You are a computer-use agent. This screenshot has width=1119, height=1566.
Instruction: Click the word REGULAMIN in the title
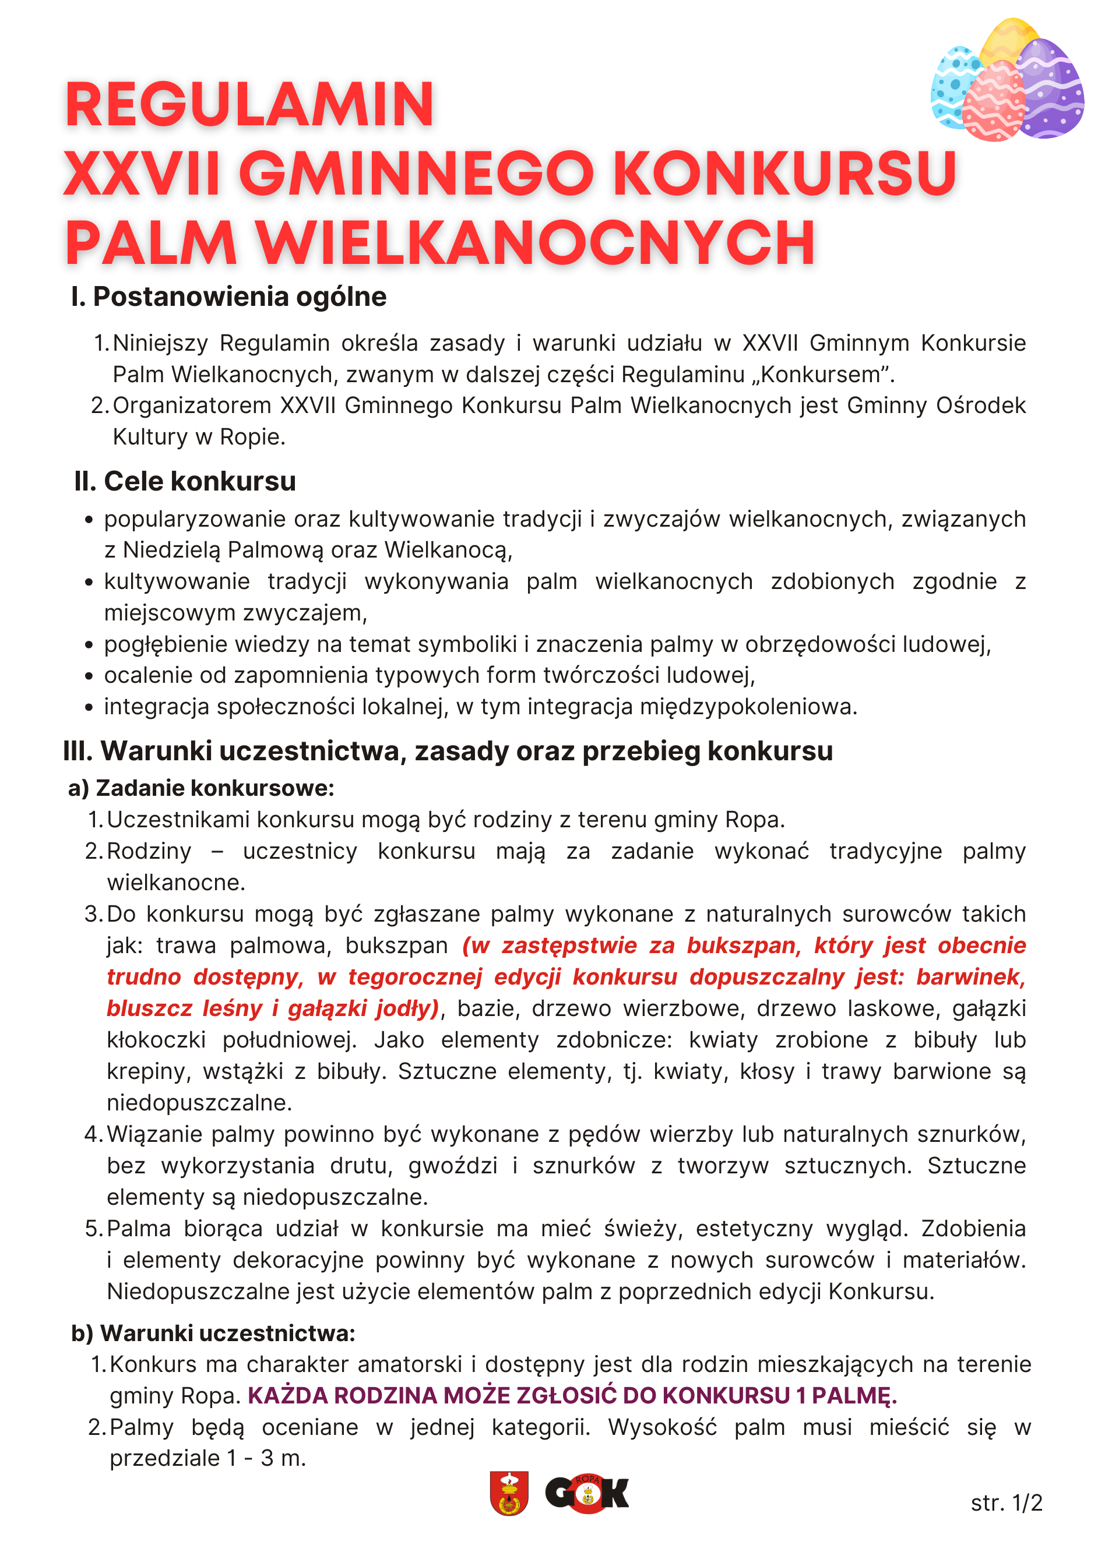point(249,105)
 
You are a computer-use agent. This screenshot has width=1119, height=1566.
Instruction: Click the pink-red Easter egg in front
point(994,103)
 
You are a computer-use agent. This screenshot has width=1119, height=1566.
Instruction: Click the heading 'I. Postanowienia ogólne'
point(229,297)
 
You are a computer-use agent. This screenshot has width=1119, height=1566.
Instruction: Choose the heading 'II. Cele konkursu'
point(185,481)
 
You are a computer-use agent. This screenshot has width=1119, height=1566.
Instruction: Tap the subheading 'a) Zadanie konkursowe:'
point(201,788)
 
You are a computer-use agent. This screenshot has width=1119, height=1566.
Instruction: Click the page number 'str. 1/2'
point(1006,1502)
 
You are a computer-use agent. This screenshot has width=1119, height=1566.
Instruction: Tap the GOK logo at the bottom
point(586,1494)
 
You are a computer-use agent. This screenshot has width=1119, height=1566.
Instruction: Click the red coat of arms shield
point(509,1493)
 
